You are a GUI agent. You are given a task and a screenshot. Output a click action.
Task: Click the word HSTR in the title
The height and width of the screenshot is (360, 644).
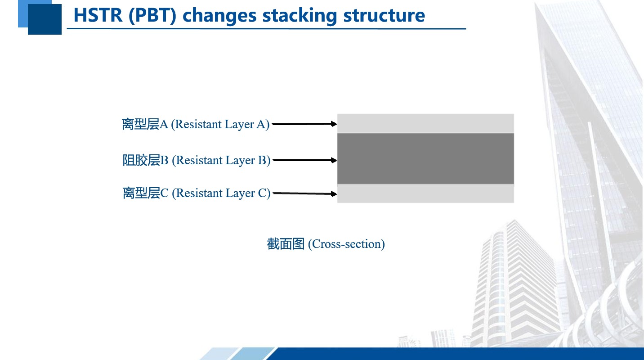coord(98,15)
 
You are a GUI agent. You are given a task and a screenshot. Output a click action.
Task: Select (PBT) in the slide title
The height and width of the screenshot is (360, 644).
coord(152,16)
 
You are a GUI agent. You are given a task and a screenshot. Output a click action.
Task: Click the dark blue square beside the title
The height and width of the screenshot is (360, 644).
coord(45,19)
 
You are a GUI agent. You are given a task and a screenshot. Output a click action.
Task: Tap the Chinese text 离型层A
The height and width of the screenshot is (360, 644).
coord(145,124)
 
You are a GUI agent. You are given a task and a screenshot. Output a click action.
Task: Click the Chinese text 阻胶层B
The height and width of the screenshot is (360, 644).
coord(145,160)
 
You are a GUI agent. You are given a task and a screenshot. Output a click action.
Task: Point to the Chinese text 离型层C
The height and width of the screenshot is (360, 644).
coord(145,193)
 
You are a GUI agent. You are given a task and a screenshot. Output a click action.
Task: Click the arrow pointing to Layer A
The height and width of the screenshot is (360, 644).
coord(304,124)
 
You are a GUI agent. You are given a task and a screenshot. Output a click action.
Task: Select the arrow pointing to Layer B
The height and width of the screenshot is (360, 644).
coord(305,160)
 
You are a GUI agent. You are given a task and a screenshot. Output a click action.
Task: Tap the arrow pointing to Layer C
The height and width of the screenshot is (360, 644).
coord(305,193)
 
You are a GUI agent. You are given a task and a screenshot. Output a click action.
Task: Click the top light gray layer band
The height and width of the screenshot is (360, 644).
coord(425,123)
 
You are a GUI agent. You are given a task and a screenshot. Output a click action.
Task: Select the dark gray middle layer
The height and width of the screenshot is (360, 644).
coord(425,158)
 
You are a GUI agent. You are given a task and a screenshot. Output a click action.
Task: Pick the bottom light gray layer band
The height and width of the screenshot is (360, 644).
coord(425,193)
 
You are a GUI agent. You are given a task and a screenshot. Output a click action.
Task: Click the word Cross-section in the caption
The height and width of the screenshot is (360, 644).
coord(346,244)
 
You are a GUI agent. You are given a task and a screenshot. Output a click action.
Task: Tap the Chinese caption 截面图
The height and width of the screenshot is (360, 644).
coord(286,244)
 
